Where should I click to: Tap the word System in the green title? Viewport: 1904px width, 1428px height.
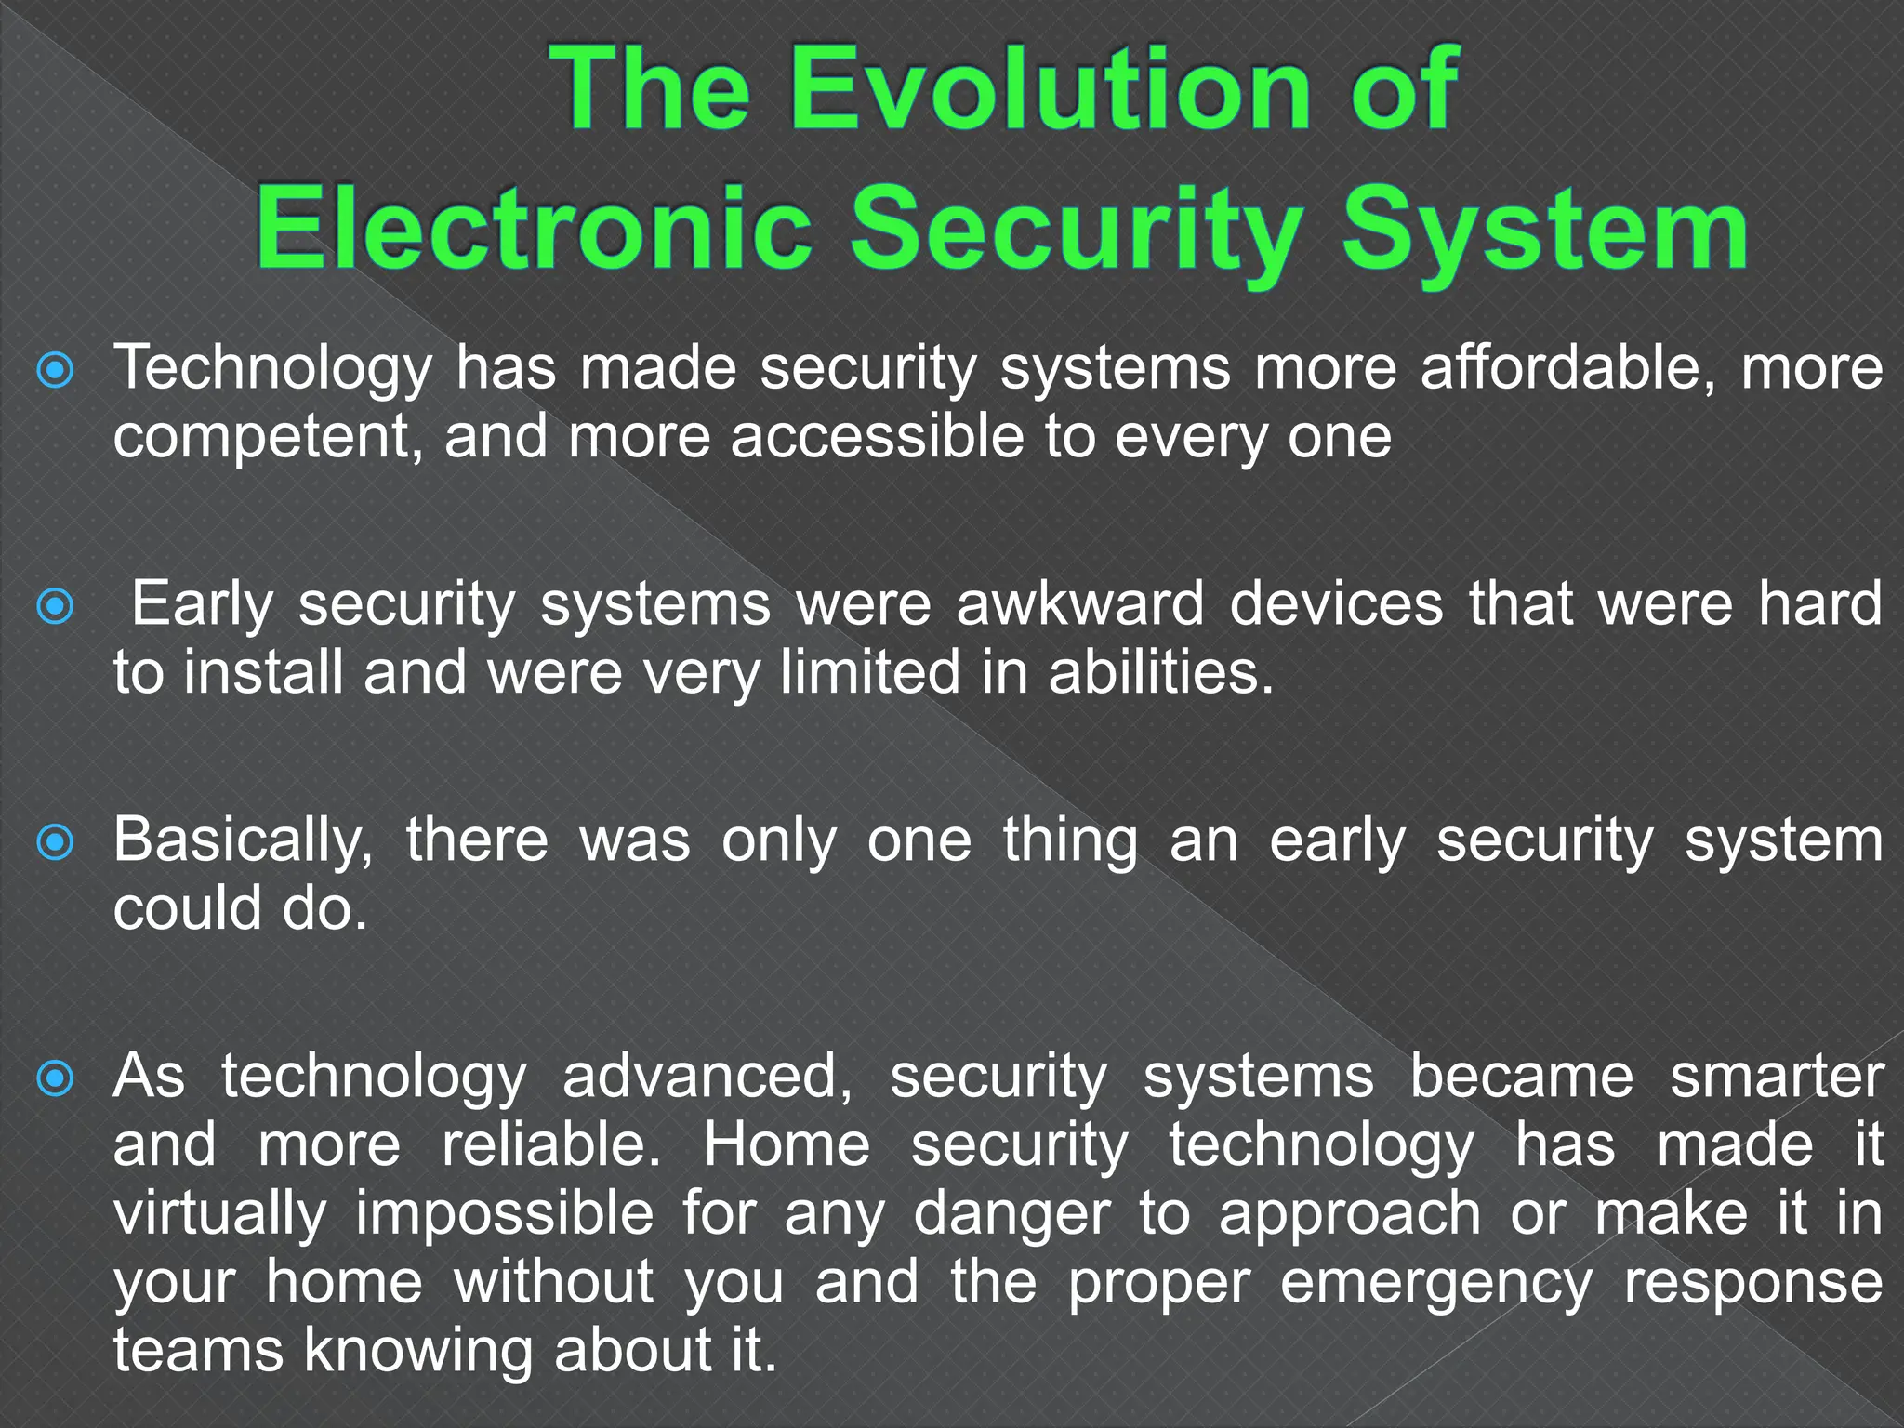click(x=1544, y=228)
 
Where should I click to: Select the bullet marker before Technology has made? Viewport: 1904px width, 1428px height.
click(x=56, y=370)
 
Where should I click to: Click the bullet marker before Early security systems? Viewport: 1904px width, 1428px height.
click(x=56, y=606)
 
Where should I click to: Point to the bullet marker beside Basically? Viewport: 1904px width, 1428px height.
click(x=56, y=842)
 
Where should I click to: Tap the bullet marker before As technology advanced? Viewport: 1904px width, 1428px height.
click(x=56, y=1078)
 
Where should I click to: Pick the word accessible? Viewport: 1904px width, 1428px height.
click(x=876, y=437)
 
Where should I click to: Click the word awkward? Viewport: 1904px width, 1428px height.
click(x=1080, y=604)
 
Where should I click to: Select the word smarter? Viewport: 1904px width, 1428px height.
click(x=1777, y=1078)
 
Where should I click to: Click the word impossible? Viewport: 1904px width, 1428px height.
click(x=505, y=1214)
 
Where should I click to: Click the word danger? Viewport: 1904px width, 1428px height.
click(x=1011, y=1214)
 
